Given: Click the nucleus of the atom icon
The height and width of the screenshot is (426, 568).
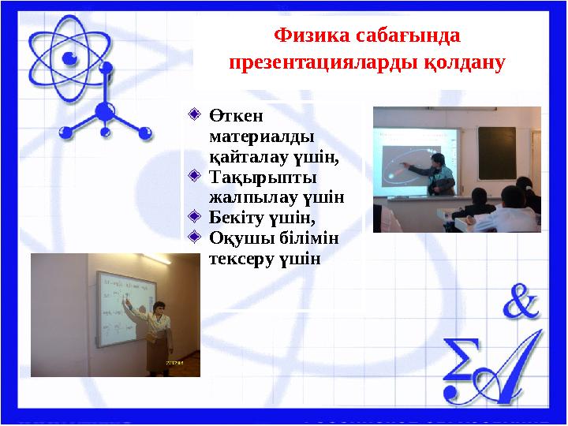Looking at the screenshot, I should (69, 58).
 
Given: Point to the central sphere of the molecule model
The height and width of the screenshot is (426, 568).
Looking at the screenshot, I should (103, 111).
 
